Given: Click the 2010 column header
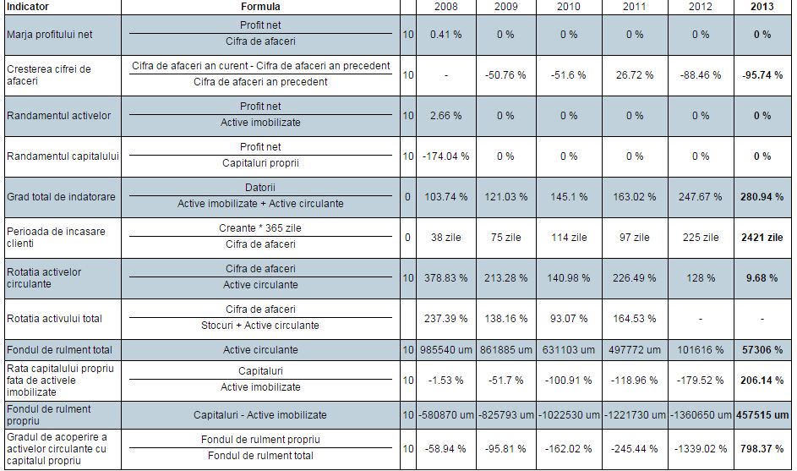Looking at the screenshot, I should click(569, 7).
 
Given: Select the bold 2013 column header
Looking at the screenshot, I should click(762, 7).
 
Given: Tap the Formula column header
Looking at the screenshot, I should click(260, 7).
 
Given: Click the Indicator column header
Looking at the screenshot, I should click(27, 7).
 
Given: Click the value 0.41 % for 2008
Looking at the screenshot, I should click(445, 35).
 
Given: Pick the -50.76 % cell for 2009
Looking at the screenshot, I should click(505, 75).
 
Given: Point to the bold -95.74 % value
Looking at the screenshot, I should click(762, 75).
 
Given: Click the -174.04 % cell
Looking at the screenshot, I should click(445, 156).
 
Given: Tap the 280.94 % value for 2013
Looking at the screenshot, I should click(762, 197).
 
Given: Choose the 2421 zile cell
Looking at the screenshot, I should click(762, 238).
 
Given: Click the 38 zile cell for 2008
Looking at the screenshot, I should click(445, 238).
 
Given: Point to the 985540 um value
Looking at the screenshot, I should click(445, 349).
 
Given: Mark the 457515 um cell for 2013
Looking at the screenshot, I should click(762, 415).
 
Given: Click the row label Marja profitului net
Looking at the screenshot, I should click(50, 35).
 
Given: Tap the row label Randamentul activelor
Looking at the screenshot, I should click(58, 116).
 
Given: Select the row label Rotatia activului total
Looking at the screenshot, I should click(54, 319).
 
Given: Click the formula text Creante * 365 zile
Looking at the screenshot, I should click(260, 229).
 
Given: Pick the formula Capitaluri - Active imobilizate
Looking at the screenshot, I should click(260, 415).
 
